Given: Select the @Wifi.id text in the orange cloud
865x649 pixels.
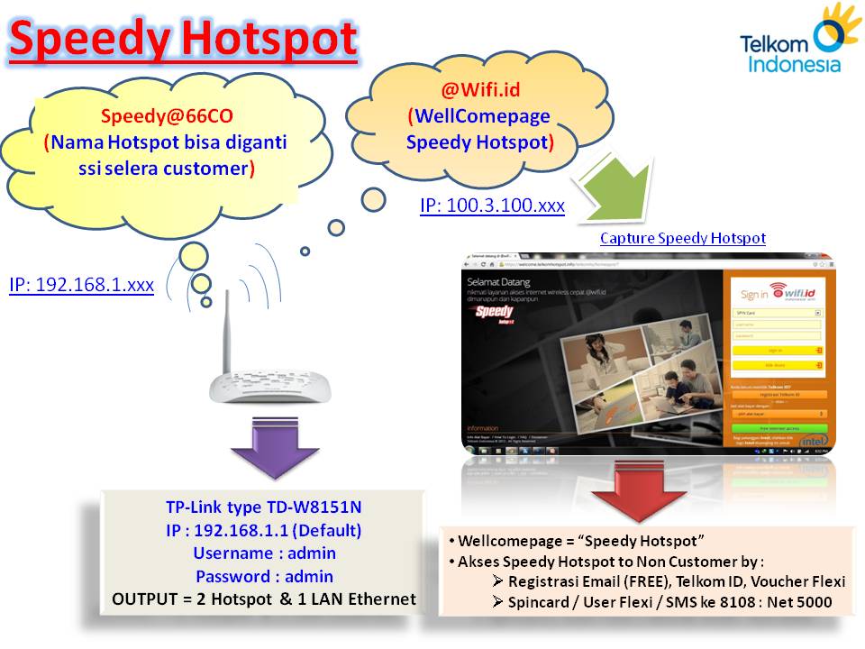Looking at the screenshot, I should pyautogui.click(x=480, y=90).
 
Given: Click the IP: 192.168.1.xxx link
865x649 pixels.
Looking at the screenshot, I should pyautogui.click(x=81, y=285).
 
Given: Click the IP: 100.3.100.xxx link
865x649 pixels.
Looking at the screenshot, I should pyautogui.click(x=492, y=206).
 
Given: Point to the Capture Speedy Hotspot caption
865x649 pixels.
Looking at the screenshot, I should pyautogui.click(x=682, y=238).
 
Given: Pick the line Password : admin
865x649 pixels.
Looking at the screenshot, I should pyautogui.click(x=263, y=576).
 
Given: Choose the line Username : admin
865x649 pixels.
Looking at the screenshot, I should pyautogui.click(x=263, y=553).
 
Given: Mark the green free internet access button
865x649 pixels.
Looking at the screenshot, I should pyautogui.click(x=778, y=428).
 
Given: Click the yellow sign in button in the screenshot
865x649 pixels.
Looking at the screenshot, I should pyautogui.click(x=778, y=350).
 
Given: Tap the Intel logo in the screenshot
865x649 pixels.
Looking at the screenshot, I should pyautogui.click(x=813, y=441).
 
